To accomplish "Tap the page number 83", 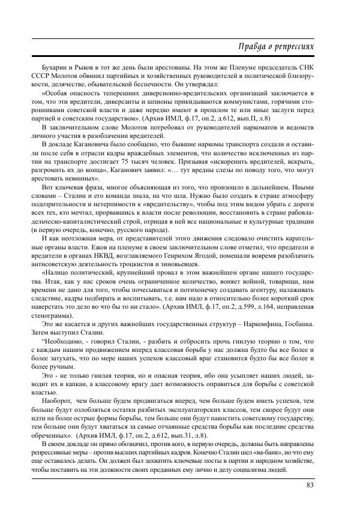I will coord(310,485).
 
